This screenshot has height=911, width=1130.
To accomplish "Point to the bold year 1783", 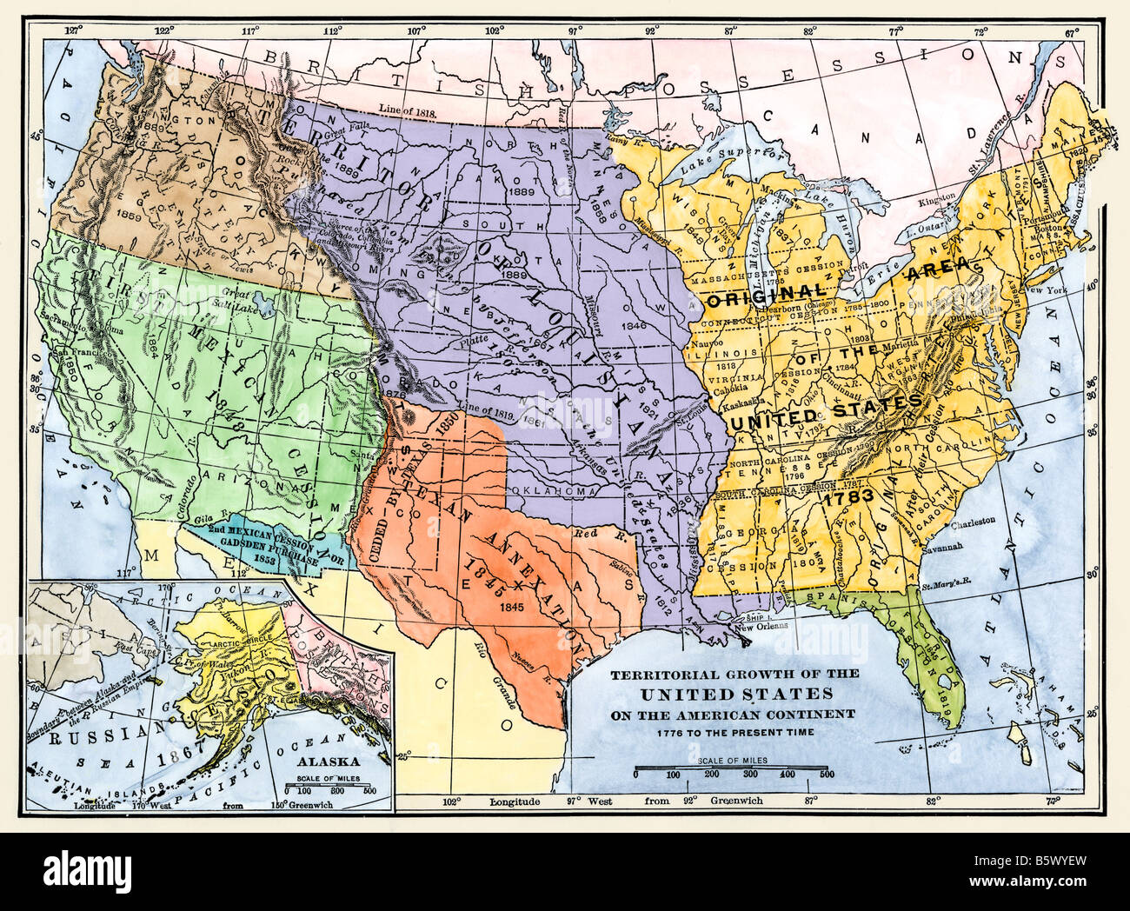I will coord(847,499).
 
